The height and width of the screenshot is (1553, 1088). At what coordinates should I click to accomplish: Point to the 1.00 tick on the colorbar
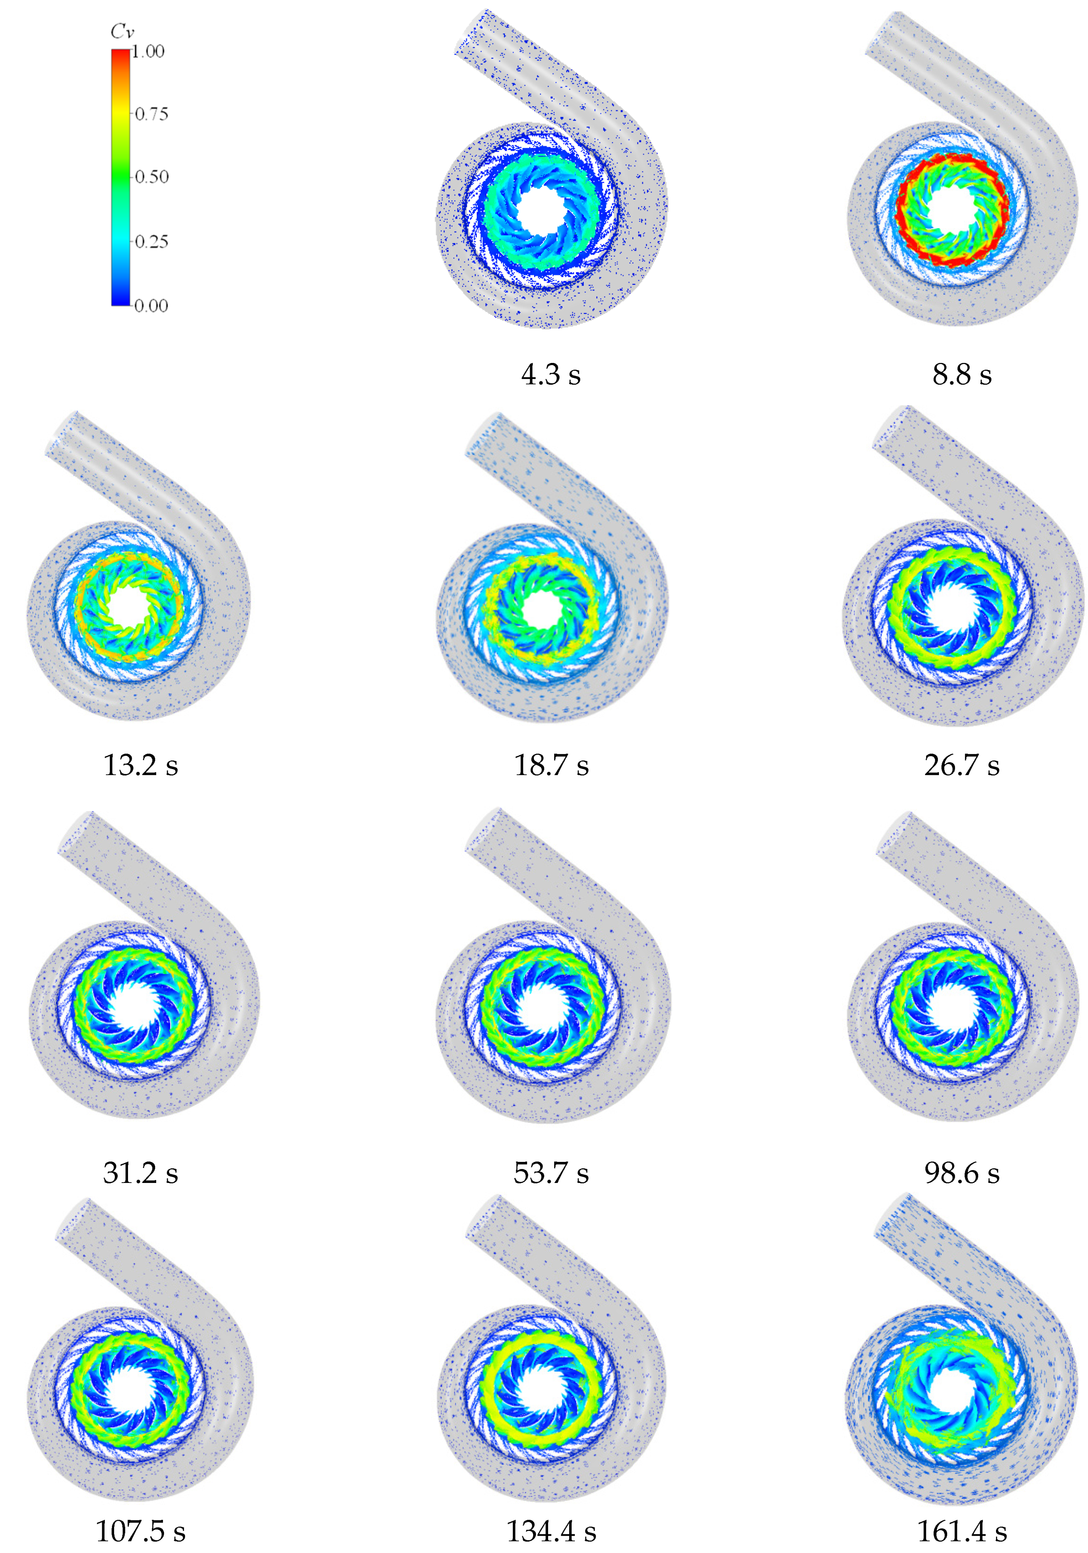click(x=148, y=51)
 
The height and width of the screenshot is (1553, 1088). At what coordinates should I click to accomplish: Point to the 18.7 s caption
click(x=551, y=765)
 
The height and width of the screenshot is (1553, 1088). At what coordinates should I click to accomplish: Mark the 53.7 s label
click(x=551, y=1172)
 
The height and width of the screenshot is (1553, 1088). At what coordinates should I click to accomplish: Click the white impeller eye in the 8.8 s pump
click(x=953, y=208)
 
